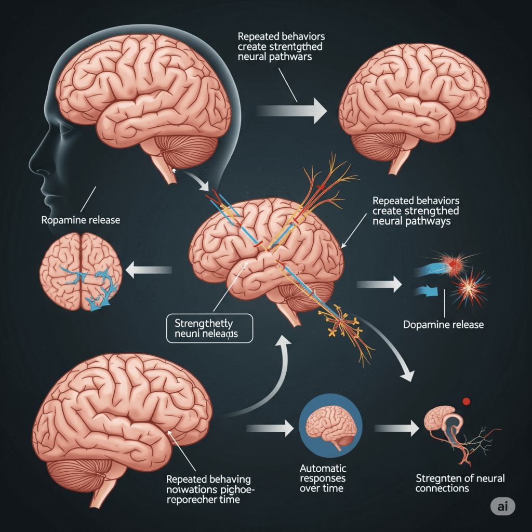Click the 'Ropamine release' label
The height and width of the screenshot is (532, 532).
[81, 220]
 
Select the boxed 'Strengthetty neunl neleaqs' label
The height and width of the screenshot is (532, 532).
[209, 328]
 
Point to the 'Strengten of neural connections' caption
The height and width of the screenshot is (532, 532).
[460, 483]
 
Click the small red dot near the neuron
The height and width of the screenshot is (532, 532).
[466, 401]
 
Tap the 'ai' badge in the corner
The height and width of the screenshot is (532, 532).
[502, 508]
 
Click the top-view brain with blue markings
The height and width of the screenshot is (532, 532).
[81, 271]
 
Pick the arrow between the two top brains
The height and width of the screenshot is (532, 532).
[291, 110]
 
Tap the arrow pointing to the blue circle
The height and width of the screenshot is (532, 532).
[270, 428]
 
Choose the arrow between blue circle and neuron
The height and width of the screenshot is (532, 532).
[397, 428]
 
